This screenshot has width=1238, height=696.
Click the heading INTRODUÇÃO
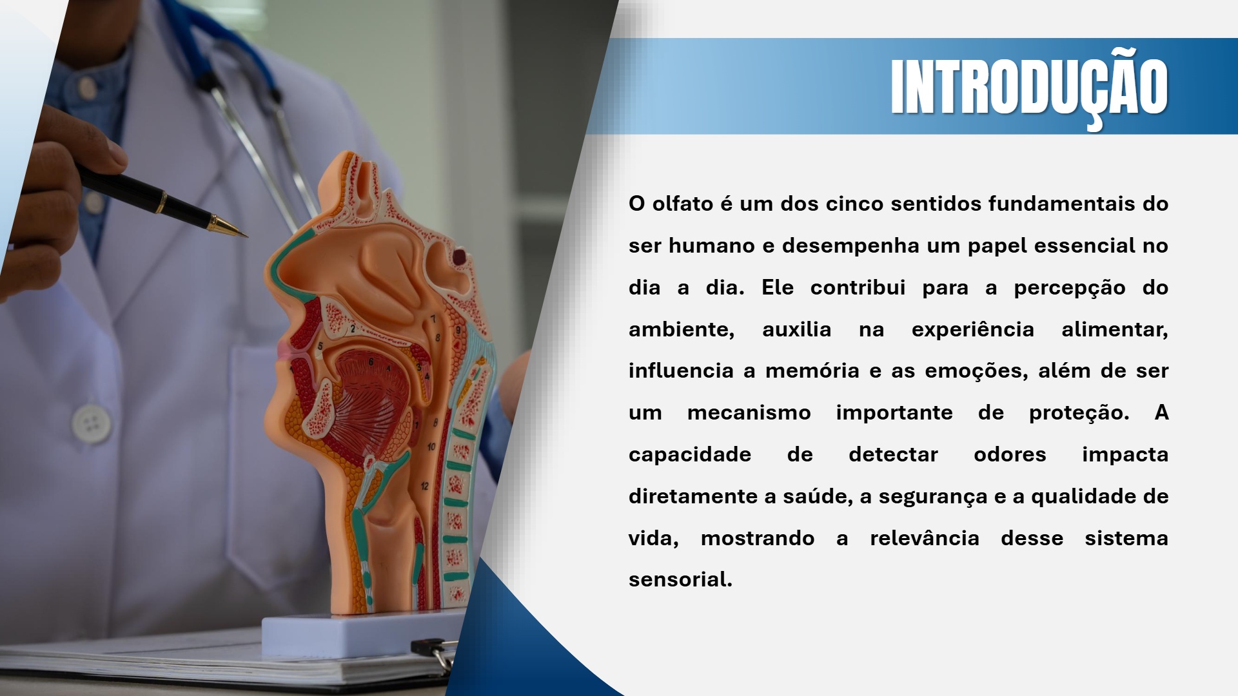click(1029, 86)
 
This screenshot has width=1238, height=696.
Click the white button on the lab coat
click(92, 423)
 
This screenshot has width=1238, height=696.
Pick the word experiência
click(972, 329)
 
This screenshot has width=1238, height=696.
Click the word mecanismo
click(749, 412)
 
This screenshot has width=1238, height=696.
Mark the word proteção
click(1079, 412)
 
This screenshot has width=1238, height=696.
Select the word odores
click(1010, 454)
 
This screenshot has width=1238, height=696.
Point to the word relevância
click(924, 538)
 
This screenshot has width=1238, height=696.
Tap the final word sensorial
click(680, 579)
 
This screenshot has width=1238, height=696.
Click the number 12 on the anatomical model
click(424, 486)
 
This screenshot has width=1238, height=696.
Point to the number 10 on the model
click(431, 446)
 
